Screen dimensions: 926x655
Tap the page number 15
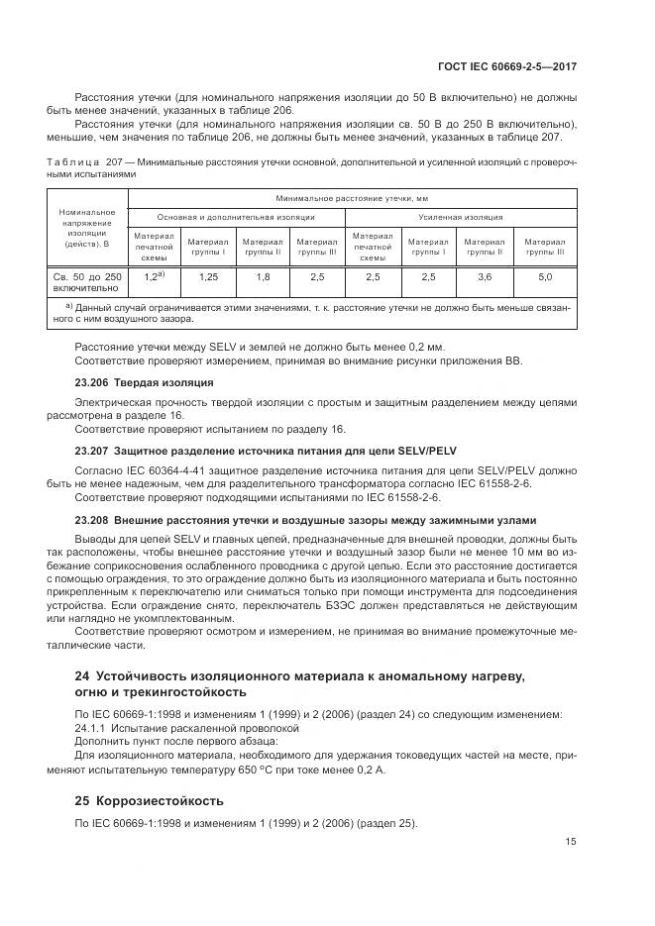pyautogui.click(x=572, y=842)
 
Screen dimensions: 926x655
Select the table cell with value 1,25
pyautogui.click(x=207, y=277)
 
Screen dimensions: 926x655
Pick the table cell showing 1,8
pyautogui.click(x=263, y=277)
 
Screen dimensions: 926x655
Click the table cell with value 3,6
pyautogui.click(x=485, y=277)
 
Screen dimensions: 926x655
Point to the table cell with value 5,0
pyautogui.click(x=544, y=277)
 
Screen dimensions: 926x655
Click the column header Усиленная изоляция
pyautogui.click(x=461, y=216)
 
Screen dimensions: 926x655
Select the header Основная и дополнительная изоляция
pyautogui.click(x=235, y=216)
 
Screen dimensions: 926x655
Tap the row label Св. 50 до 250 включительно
pyautogui.click(x=87, y=283)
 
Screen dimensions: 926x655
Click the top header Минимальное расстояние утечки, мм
pyautogui.click(x=351, y=198)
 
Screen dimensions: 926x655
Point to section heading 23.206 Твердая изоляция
pyautogui.click(x=145, y=382)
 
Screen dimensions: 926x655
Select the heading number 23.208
pyautogui.click(x=91, y=519)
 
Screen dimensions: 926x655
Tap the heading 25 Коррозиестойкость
pyautogui.click(x=150, y=799)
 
